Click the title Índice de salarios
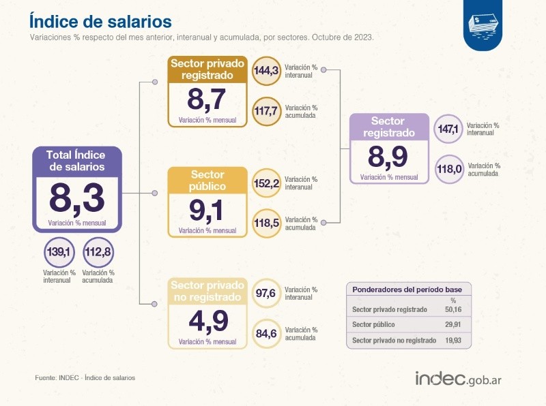coord(100,20)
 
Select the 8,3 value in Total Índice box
coord(77,198)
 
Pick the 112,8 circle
coord(98,253)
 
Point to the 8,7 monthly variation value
coord(207,100)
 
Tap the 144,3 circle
coord(266,70)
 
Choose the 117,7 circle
coord(266,111)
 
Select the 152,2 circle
coord(266,183)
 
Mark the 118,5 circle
coord(266,223)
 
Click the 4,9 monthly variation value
coord(207,319)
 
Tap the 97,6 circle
coord(266,294)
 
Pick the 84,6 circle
coord(266,333)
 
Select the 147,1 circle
coord(449,129)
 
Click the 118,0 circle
coord(449,169)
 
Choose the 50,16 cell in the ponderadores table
coord(452,309)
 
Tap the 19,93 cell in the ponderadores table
coord(452,340)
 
